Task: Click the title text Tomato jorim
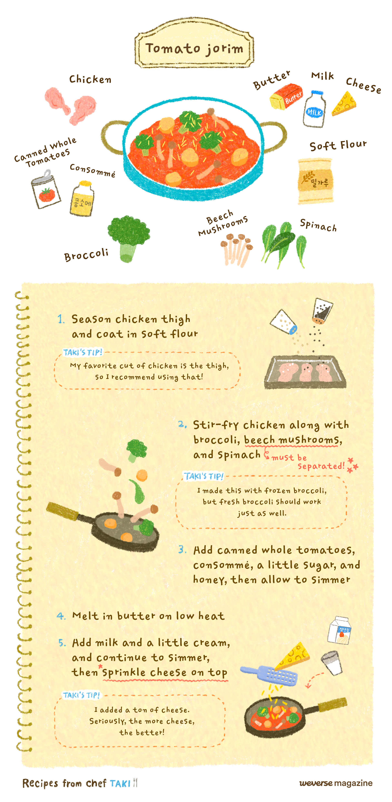pyautogui.click(x=194, y=49)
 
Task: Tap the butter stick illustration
pyautogui.click(x=286, y=96)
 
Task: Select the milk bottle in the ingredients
pyautogui.click(x=315, y=109)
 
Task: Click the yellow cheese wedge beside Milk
pyautogui.click(x=344, y=103)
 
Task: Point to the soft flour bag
pyautogui.click(x=315, y=181)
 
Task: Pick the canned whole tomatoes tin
pyautogui.click(x=46, y=189)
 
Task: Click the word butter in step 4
pyautogui.click(x=136, y=616)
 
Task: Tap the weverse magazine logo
pyautogui.click(x=336, y=783)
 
